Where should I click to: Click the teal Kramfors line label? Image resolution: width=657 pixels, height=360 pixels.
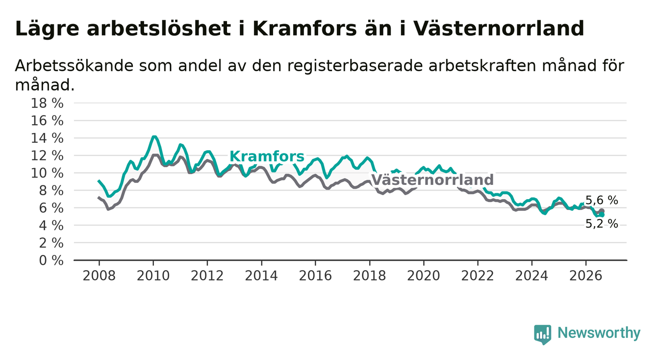pyautogui.click(x=267, y=156)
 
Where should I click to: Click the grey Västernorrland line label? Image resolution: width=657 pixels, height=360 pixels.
pyautogui.click(x=432, y=180)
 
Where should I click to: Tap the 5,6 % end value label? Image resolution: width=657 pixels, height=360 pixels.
pyautogui.click(x=602, y=201)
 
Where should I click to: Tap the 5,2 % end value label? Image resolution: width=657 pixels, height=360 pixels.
pyautogui.click(x=602, y=224)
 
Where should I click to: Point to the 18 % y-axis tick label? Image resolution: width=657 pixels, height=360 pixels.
pyautogui.click(x=47, y=103)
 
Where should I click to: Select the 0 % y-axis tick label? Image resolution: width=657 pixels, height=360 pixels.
pyautogui.click(x=51, y=260)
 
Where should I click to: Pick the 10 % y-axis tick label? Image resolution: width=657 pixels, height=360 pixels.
pyautogui.click(x=47, y=173)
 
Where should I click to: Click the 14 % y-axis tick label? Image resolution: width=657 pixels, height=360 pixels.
pyautogui.click(x=47, y=138)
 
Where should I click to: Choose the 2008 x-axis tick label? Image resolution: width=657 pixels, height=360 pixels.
pyautogui.click(x=99, y=276)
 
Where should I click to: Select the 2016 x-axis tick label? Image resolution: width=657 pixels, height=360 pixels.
pyautogui.click(x=315, y=276)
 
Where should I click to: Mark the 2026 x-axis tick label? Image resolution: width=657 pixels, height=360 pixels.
pyautogui.click(x=586, y=276)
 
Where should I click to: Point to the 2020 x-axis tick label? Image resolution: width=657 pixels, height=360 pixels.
pyautogui.click(x=424, y=276)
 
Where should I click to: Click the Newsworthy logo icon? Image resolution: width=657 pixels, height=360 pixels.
pyautogui.click(x=542, y=334)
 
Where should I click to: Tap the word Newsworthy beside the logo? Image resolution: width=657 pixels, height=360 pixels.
pyautogui.click(x=599, y=333)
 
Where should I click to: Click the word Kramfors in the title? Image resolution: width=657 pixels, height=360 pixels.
pyautogui.click(x=304, y=29)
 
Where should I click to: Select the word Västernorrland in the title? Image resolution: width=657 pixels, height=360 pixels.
pyautogui.click(x=499, y=29)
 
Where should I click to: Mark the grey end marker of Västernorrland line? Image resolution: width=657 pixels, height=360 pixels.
pyautogui.click(x=602, y=211)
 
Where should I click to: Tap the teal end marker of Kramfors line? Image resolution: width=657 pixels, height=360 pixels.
pyautogui.click(x=602, y=215)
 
